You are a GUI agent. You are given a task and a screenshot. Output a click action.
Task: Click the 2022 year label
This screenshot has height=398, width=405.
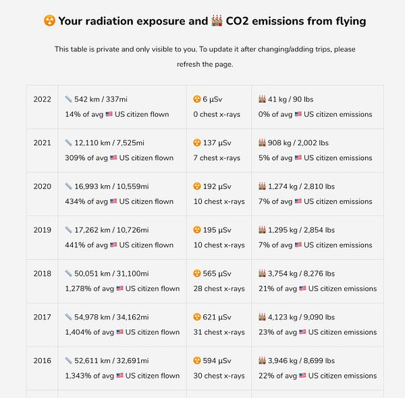(x=42, y=99)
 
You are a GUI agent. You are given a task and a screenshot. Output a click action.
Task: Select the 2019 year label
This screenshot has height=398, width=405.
(x=42, y=230)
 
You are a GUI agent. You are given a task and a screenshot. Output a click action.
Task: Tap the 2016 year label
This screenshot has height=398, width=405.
(x=42, y=361)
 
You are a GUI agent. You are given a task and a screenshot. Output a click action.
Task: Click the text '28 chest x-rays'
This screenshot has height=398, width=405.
(x=219, y=289)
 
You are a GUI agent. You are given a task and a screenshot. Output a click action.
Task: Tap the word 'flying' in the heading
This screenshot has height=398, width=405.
(x=350, y=21)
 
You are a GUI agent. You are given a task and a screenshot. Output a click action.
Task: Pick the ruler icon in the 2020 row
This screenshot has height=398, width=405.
(x=68, y=186)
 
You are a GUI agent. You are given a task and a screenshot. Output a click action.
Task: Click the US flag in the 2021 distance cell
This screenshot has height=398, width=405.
(x=113, y=158)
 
